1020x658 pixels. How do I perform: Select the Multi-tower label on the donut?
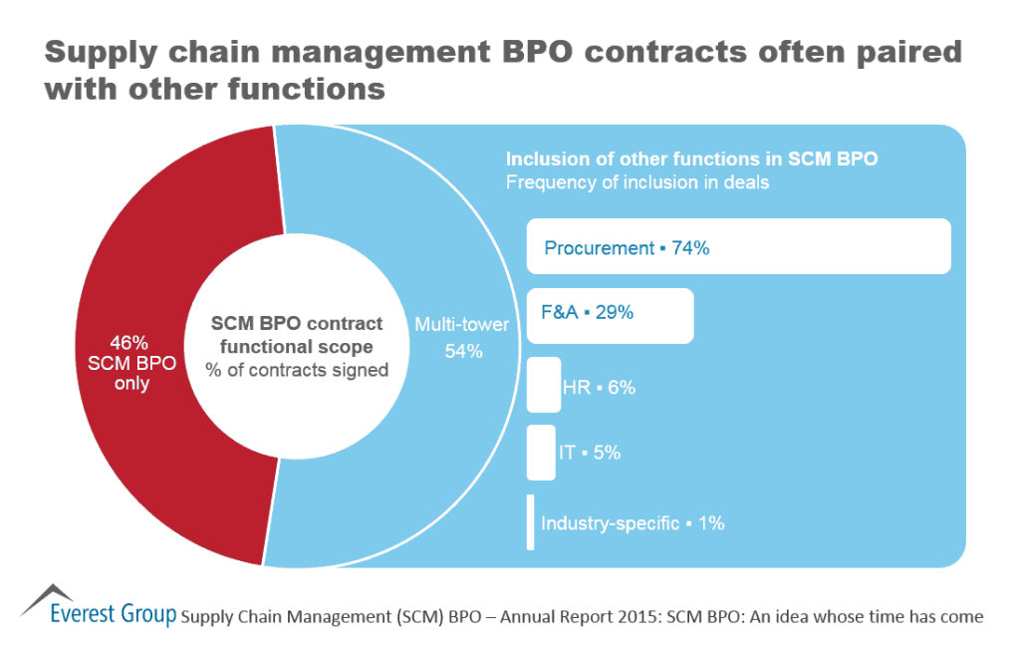(461, 324)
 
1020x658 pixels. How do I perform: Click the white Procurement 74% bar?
(738, 246)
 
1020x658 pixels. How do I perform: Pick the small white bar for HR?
(543, 385)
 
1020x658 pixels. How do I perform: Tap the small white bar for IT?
(540, 453)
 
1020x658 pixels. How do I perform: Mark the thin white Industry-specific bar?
(531, 521)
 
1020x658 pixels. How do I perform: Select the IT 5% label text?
(589, 453)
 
